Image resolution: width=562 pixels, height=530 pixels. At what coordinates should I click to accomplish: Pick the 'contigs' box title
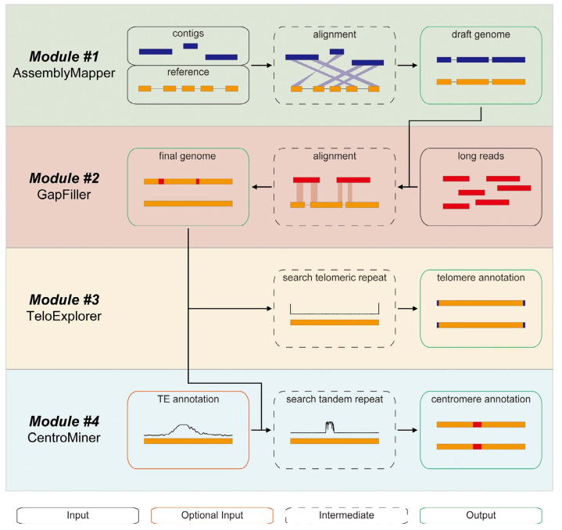click(188, 34)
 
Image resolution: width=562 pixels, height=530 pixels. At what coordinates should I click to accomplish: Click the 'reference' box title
click(188, 72)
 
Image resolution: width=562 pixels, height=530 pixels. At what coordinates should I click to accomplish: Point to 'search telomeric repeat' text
click(334, 278)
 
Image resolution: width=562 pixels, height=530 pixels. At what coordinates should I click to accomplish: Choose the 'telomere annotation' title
click(480, 278)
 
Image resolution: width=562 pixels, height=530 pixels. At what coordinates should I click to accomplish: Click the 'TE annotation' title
click(188, 399)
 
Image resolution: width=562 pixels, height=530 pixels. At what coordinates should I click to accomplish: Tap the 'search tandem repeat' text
click(334, 399)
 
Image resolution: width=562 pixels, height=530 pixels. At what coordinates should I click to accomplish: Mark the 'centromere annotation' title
click(480, 399)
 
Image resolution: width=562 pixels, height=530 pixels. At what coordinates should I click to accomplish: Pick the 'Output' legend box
click(479, 515)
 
